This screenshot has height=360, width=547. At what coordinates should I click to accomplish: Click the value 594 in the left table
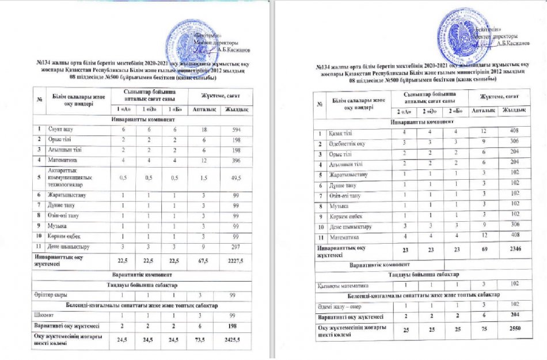[237, 128]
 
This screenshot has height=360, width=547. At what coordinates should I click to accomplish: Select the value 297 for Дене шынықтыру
[237, 246]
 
